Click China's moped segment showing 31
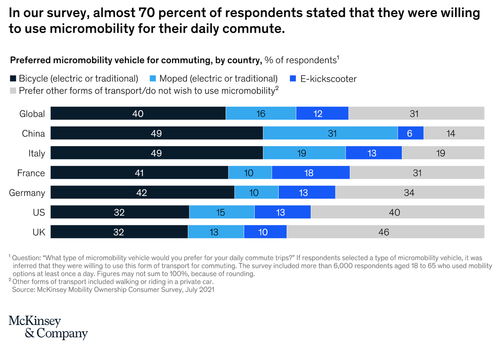330,133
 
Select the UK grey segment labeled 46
385,232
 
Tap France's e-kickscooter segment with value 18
311,173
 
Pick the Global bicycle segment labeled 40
138,114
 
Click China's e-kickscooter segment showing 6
410,133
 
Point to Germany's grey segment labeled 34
409,193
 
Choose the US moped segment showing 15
222,213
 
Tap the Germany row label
27,193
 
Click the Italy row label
36,153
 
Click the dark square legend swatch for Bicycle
12,79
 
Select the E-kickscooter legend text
328,79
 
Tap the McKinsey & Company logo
48,327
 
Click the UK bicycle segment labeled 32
119,232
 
